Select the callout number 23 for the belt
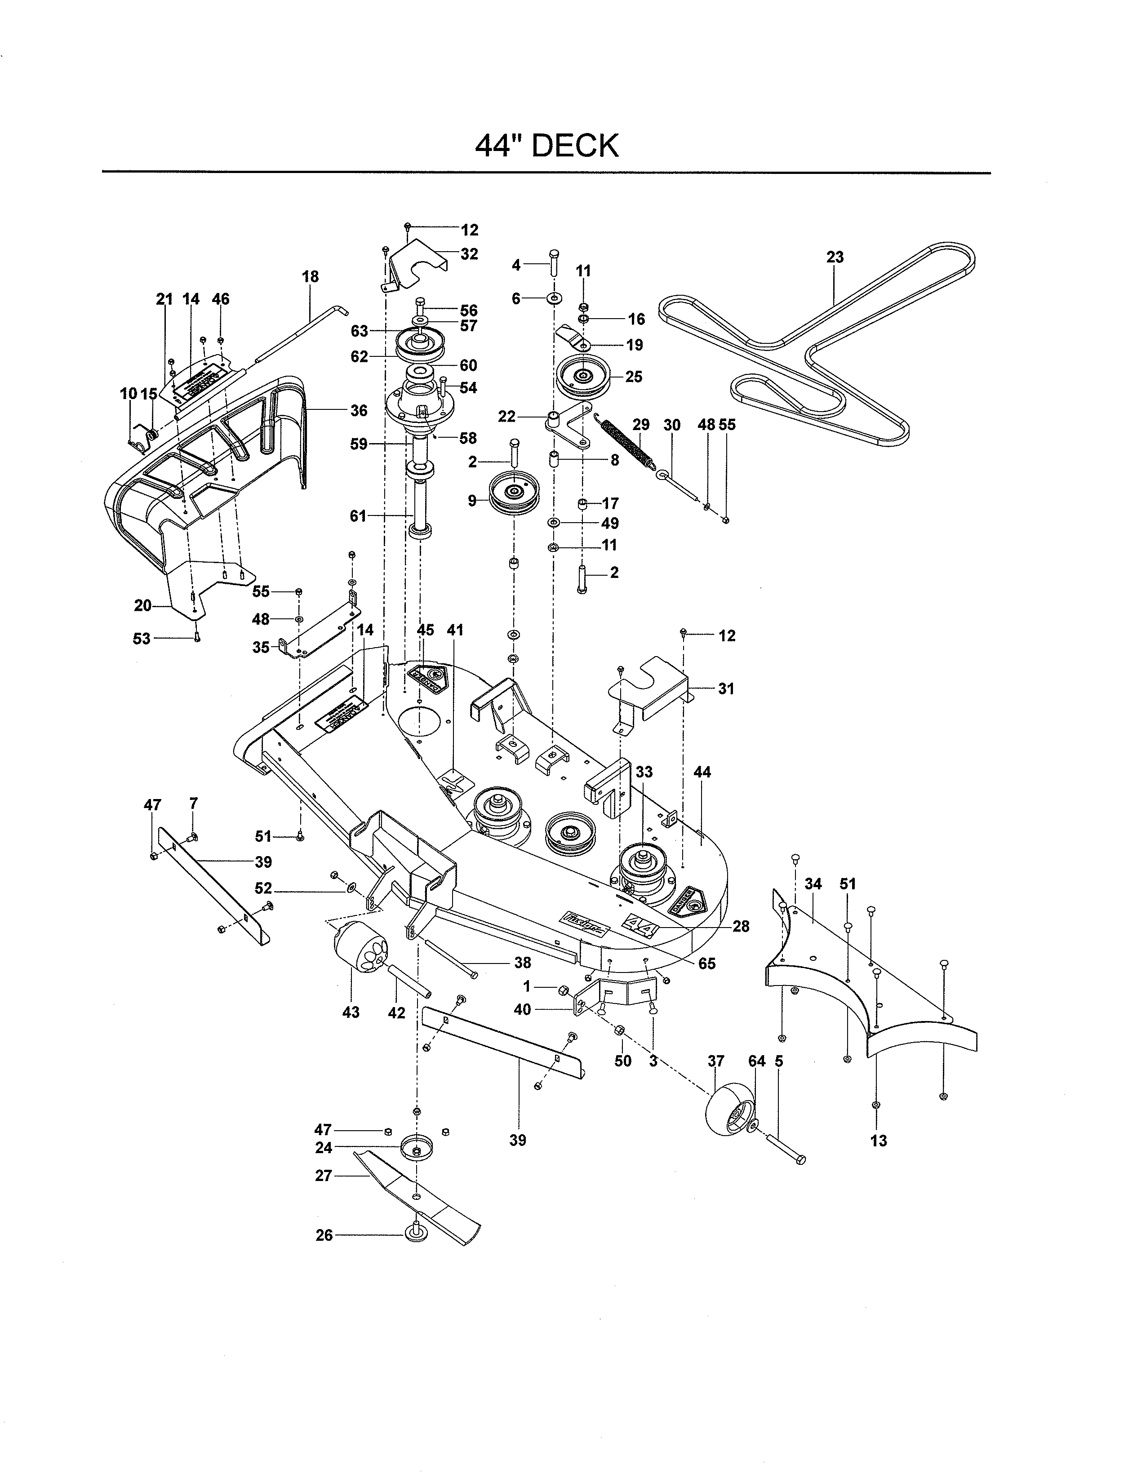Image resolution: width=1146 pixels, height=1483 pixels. pos(835,258)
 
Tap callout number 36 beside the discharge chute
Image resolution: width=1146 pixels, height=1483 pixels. pos(359,410)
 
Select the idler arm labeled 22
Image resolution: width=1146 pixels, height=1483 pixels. pos(568,424)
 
